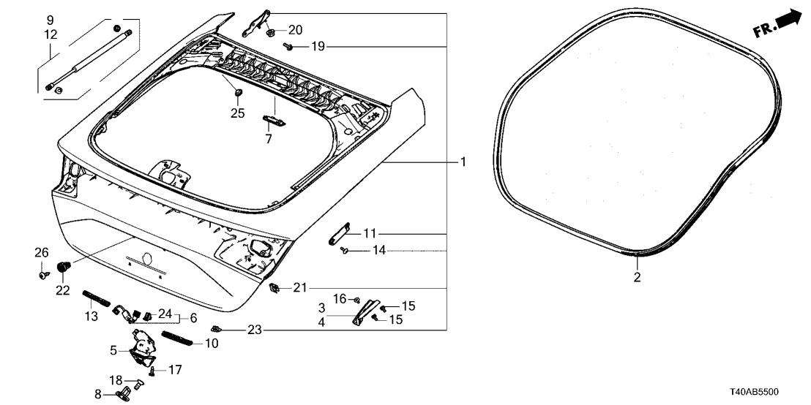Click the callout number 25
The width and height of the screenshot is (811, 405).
237,113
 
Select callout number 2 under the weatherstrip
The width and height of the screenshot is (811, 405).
637,277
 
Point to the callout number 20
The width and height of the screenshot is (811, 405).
295,30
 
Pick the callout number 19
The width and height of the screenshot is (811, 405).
316,47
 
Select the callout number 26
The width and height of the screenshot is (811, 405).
42,253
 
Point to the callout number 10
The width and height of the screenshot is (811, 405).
212,343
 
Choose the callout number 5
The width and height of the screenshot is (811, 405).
113,350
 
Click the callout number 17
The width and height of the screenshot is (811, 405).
174,370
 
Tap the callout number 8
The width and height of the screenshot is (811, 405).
99,393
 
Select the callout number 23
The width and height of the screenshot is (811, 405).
253,330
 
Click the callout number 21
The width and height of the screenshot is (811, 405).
299,288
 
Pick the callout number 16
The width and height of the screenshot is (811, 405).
340,299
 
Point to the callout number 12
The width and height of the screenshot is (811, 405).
50,34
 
